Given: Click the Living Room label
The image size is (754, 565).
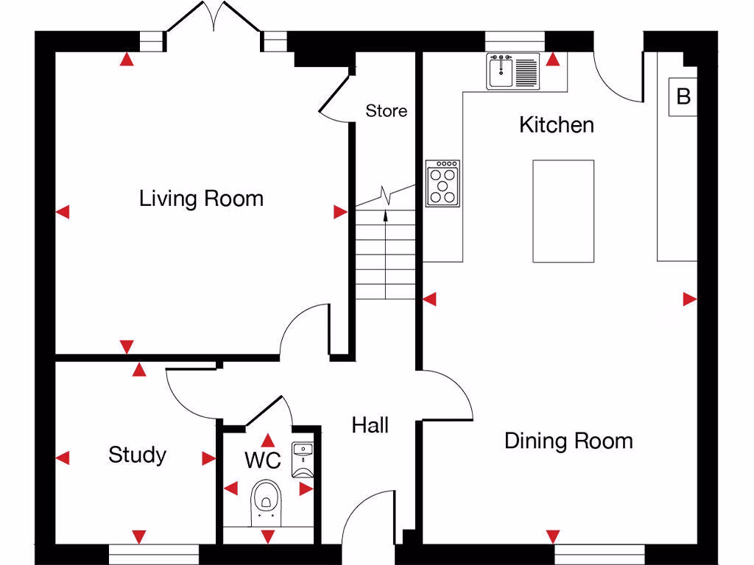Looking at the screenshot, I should [201, 199].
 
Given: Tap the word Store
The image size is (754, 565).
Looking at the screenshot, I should [386, 111].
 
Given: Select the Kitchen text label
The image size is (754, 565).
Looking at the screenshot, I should [556, 124].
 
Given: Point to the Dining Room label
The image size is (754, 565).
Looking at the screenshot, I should [568, 441].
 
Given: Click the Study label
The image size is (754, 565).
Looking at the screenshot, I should [137, 455].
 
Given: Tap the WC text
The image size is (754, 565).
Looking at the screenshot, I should [262, 461].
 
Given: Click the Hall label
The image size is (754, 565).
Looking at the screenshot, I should [370, 424].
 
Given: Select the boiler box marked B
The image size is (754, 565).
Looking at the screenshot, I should [683, 96].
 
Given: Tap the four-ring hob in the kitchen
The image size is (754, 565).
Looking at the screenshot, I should [444, 182].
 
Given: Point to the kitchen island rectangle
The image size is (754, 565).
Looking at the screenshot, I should [563, 211].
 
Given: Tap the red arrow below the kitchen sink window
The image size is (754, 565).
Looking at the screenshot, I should [552, 59].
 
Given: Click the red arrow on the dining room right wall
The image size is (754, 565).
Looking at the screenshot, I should [689, 299].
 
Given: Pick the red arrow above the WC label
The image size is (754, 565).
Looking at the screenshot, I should [269, 440].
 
